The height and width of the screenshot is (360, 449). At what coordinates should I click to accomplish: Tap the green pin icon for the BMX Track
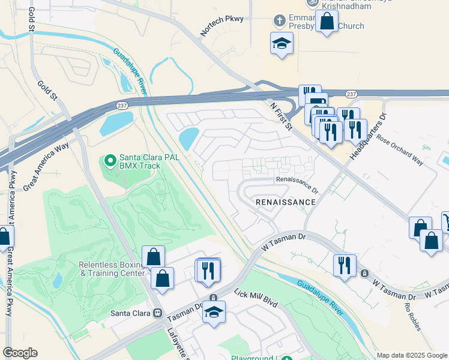pyautogui.click(x=110, y=161)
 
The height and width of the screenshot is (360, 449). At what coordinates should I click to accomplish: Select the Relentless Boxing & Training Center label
pyautogui.click(x=112, y=268)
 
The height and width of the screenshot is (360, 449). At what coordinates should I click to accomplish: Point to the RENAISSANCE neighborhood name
pyautogui.click(x=285, y=202)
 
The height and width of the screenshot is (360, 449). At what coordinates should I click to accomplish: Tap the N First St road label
pyautogui.click(x=280, y=116)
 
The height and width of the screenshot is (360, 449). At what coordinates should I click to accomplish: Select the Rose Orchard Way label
pyautogui.click(x=400, y=148)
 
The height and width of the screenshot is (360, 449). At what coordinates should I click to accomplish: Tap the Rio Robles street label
pyautogui.click(x=412, y=317)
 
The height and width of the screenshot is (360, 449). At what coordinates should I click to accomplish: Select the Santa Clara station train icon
pyautogui.click(x=158, y=313)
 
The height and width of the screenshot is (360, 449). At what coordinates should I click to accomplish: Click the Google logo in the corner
pyautogui.click(x=20, y=353)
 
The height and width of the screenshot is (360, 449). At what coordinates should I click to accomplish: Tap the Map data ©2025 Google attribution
pyautogui.click(x=411, y=355)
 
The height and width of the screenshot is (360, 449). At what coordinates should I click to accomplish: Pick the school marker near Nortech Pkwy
pyautogui.click(x=282, y=43)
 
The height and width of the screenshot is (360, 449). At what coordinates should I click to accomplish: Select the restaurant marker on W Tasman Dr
pyautogui.click(x=345, y=265)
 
